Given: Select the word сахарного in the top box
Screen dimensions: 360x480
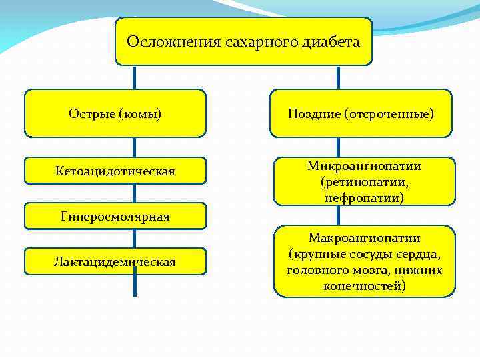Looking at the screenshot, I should pos(250,42).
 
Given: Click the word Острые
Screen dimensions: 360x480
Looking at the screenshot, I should pos(91,114).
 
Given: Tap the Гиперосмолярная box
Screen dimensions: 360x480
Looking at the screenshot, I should pos(115,217).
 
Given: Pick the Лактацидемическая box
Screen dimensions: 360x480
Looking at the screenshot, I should pos(115,261).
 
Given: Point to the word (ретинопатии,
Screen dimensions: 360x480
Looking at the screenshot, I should pos(365,181).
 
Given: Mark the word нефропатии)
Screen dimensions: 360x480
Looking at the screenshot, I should pos(365,197).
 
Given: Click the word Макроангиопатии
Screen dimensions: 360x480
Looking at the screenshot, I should pos(365,238).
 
